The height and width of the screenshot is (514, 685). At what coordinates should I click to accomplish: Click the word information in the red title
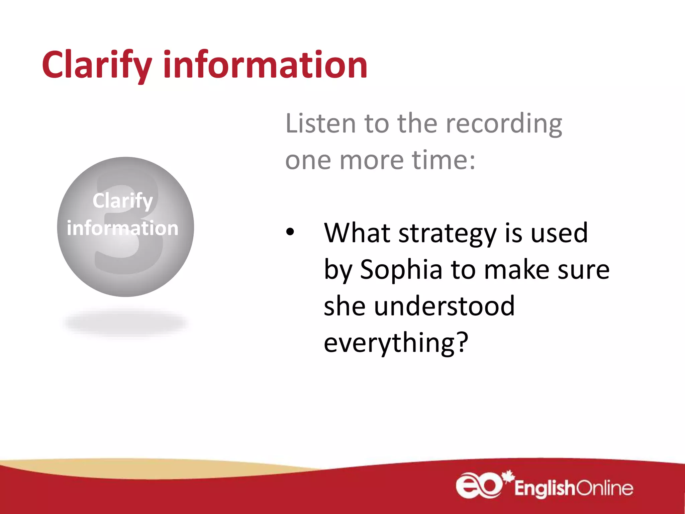265,64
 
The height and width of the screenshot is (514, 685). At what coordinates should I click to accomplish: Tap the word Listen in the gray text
320,124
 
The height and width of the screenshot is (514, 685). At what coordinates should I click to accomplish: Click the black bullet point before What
290,232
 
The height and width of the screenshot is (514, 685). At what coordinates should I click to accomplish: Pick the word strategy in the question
448,234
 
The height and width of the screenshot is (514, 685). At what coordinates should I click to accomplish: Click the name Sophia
401,270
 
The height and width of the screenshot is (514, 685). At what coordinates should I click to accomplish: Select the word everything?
396,343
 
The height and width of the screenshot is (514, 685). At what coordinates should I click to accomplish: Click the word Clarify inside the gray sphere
123,201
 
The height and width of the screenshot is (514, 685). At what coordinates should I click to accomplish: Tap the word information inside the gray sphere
123,228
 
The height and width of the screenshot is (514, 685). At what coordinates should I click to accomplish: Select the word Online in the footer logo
604,488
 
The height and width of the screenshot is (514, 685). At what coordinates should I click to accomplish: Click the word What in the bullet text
357,233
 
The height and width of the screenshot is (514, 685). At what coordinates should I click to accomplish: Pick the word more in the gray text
372,160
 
